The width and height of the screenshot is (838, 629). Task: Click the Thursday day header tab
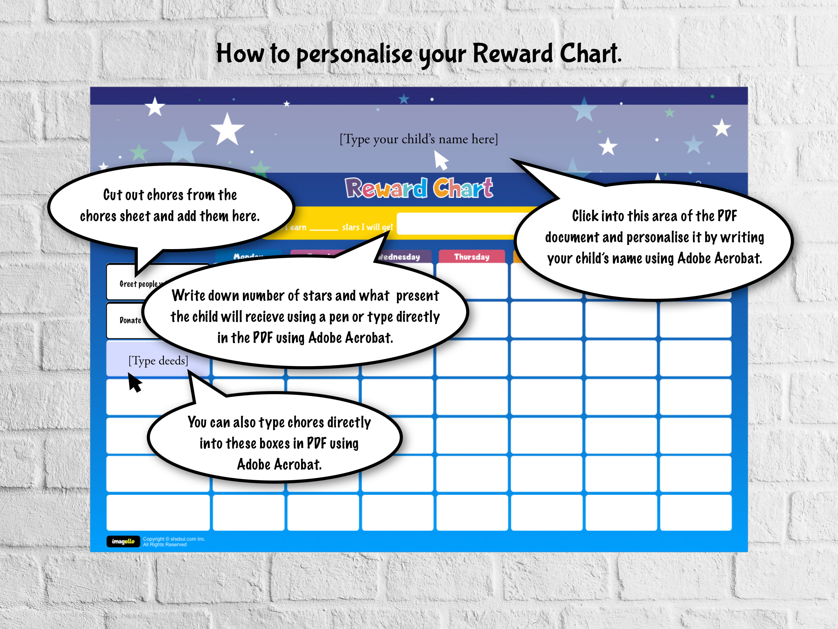tap(472, 257)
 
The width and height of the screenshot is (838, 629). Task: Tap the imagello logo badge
tap(123, 541)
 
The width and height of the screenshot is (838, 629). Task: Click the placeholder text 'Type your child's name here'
tap(419, 139)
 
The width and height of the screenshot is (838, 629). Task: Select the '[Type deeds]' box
tap(158, 360)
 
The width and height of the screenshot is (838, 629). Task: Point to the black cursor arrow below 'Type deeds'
tap(134, 382)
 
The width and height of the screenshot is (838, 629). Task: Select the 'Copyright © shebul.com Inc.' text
tap(174, 539)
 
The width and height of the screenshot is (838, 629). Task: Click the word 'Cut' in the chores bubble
tap(113, 195)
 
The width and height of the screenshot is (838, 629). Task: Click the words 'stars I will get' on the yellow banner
tap(367, 227)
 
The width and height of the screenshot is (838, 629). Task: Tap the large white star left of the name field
tap(227, 129)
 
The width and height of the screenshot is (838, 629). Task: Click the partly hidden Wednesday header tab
tap(402, 257)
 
